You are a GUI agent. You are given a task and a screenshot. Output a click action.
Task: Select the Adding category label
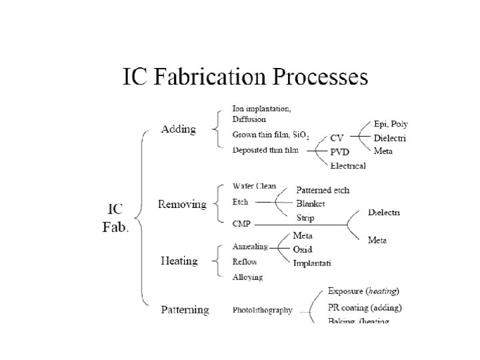click(179, 129)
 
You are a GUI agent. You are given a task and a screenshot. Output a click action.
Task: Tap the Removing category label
click(181, 204)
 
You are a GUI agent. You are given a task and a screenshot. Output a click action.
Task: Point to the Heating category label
click(179, 261)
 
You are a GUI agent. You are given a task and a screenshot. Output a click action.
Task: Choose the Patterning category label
click(185, 310)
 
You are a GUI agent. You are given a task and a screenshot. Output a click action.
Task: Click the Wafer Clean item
click(254, 186)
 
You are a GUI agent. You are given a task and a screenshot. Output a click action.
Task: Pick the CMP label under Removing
click(241, 222)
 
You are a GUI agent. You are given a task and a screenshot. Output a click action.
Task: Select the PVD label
click(339, 152)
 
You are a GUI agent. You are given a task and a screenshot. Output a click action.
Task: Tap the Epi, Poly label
click(391, 124)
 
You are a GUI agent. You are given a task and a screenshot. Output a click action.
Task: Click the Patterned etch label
click(323, 190)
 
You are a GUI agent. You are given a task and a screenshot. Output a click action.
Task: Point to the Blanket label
click(311, 203)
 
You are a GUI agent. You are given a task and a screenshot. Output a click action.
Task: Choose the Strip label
click(305, 217)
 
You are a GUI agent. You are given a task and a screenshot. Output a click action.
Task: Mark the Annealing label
click(250, 247)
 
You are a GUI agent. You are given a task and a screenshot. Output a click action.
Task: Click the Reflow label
click(245, 261)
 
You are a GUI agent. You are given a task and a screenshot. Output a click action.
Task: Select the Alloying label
click(247, 277)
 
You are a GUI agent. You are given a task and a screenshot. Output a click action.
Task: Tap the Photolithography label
click(262, 310)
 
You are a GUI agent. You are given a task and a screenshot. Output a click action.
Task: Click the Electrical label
click(348, 165)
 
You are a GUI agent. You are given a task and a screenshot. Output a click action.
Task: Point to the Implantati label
click(312, 263)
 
